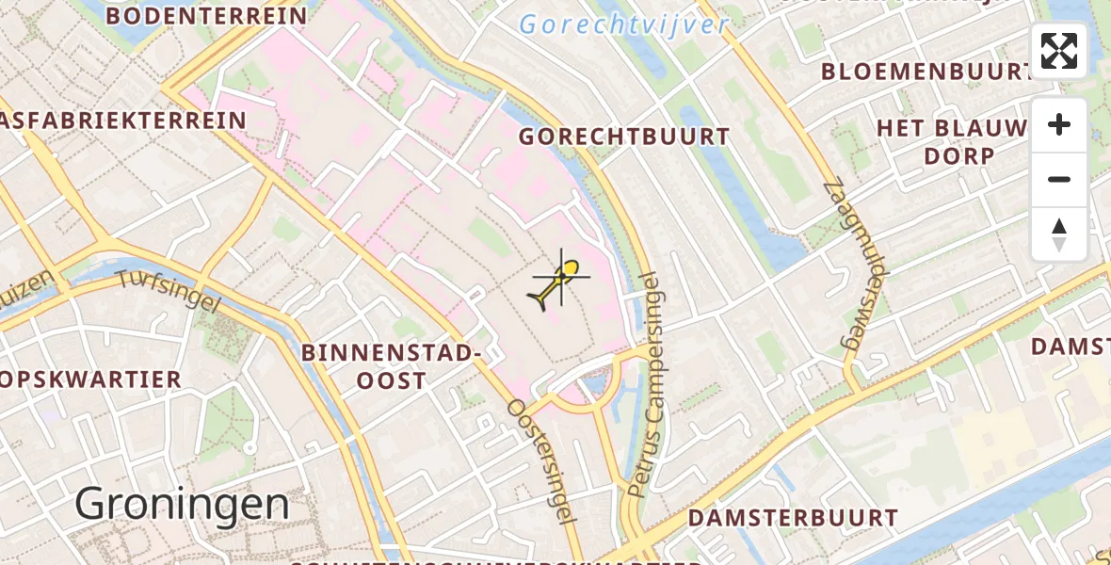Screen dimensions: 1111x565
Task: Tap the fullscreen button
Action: click(x=1059, y=51)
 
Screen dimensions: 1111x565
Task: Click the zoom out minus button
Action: click(x=1059, y=179)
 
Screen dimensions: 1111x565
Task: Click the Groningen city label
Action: click(x=182, y=505)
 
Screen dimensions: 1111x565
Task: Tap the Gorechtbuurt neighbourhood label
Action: click(x=624, y=137)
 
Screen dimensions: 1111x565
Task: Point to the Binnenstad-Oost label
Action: click(x=392, y=366)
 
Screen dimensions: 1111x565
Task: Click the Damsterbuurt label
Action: click(x=793, y=518)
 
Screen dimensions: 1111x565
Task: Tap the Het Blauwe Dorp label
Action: click(x=952, y=141)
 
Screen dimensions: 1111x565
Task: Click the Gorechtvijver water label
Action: click(x=624, y=24)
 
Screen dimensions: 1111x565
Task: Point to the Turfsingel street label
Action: click(x=168, y=292)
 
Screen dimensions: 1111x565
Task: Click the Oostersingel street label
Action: click(x=541, y=460)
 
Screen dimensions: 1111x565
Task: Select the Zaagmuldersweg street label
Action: click(x=845, y=266)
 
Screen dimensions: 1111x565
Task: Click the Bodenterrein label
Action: click(x=206, y=16)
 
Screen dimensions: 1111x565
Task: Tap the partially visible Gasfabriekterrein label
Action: click(x=123, y=121)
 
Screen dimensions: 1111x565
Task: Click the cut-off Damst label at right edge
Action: click(x=1071, y=347)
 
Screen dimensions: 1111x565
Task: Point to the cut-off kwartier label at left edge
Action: click(x=90, y=379)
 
